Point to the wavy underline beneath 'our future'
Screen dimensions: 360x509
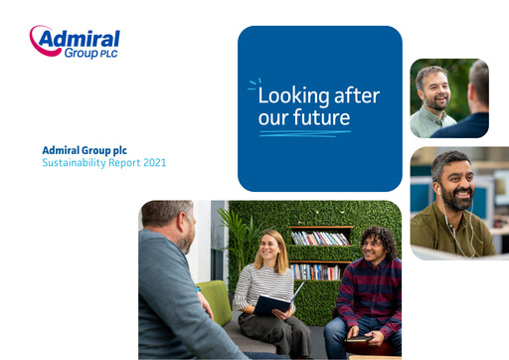[304, 132]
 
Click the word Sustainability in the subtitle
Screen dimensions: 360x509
[71, 162]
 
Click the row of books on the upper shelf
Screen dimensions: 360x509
[319, 239]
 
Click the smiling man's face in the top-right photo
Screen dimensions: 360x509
[432, 88]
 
